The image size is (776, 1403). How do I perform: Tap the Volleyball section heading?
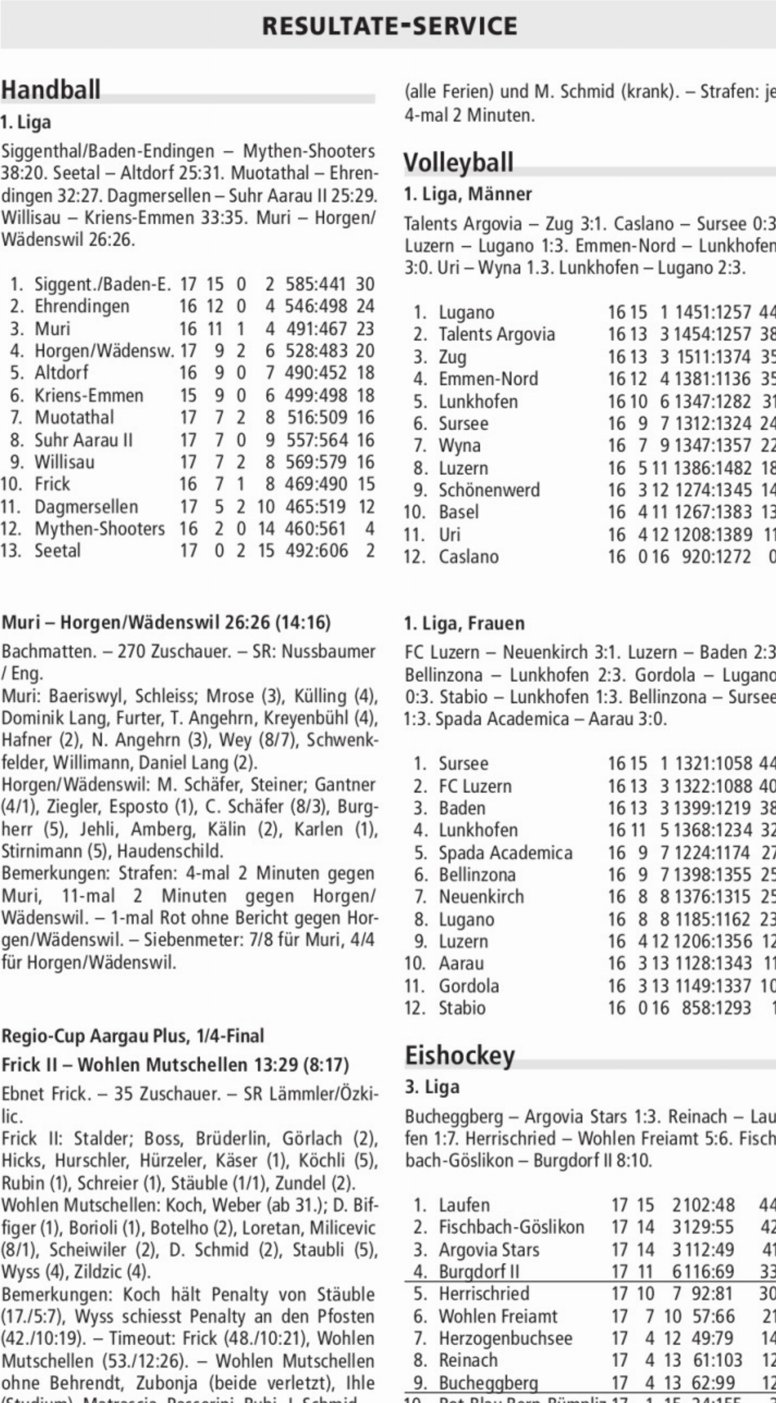(458, 162)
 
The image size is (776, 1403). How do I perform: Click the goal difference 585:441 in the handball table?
(316, 284)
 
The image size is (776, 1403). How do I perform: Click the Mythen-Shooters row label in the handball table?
(100, 529)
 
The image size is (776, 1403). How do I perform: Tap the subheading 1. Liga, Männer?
(468, 194)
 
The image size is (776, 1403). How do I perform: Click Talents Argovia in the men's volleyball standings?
(497, 334)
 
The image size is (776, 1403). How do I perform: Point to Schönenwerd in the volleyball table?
(489, 490)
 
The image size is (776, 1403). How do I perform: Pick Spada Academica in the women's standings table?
(505, 852)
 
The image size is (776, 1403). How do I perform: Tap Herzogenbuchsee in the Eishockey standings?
(505, 1288)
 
